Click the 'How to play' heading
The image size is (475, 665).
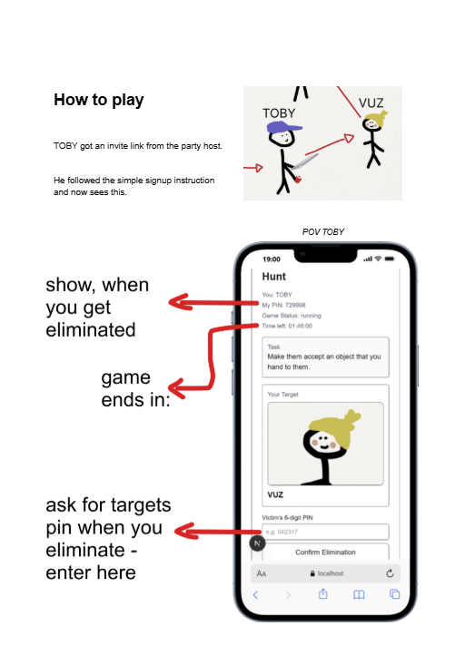tap(98, 101)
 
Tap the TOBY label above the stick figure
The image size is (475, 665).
tap(279, 113)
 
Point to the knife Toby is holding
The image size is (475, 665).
tap(306, 163)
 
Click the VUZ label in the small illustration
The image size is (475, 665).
tap(371, 103)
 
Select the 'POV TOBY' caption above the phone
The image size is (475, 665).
tap(323, 232)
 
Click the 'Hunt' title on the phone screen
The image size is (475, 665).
tap(274, 276)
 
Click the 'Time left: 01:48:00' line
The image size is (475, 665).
tap(288, 326)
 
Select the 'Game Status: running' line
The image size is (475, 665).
tap(292, 316)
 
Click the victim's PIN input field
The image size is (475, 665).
tap(324, 532)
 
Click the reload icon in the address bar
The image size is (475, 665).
tap(390, 573)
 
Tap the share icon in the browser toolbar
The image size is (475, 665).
tap(322, 594)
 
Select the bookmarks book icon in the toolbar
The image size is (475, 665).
tap(359, 594)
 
